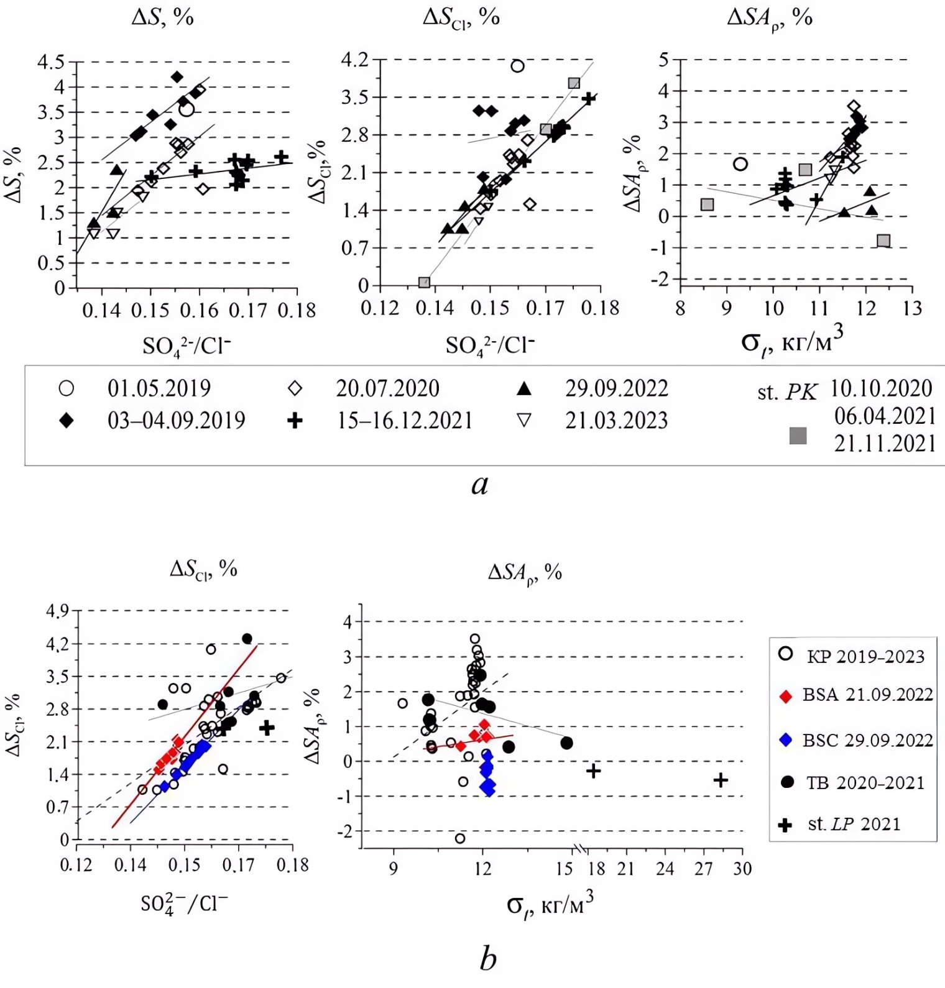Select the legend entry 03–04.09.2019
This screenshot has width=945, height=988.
(176, 421)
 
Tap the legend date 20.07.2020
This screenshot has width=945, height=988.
(387, 388)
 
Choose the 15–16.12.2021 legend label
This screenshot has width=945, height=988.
(405, 421)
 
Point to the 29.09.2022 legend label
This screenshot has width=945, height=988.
(616, 388)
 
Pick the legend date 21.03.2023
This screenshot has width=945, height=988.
(616, 421)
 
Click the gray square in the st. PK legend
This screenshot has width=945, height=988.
(798, 436)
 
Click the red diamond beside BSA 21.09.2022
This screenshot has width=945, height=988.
(786, 697)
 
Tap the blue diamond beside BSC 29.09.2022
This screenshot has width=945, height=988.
(786, 740)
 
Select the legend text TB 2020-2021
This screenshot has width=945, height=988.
(865, 783)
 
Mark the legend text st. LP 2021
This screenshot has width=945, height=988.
(854, 825)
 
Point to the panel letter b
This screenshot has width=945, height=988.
(488, 959)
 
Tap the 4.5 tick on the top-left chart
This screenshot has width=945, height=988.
(51, 62)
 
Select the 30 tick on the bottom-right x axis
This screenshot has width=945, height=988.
(742, 869)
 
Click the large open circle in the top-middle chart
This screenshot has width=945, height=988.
(517, 66)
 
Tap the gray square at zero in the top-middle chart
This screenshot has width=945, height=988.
(424, 283)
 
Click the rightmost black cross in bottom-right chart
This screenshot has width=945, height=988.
(721, 780)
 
